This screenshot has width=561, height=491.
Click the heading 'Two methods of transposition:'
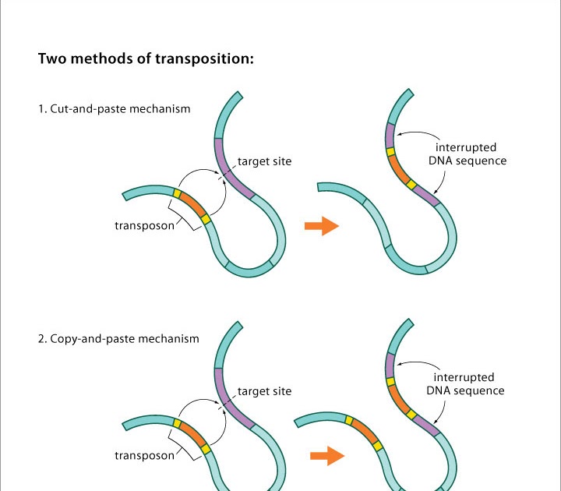tap(146, 59)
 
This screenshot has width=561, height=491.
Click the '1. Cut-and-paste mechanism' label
tap(115, 109)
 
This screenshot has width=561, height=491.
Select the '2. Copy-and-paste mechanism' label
tap(118, 339)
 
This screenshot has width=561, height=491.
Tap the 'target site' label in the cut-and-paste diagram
tap(264, 162)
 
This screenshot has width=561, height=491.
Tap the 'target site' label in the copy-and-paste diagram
tap(264, 390)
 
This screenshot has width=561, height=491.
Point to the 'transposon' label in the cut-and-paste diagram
tap(144, 226)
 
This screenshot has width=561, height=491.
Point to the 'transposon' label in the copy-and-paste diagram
tap(144, 455)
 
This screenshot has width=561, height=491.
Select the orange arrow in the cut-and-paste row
tap(320, 226)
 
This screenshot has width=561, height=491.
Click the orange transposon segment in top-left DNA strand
tap(191, 204)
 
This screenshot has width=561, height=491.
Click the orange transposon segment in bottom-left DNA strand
tap(191, 433)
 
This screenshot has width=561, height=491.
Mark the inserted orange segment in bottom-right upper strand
tap(398, 397)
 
